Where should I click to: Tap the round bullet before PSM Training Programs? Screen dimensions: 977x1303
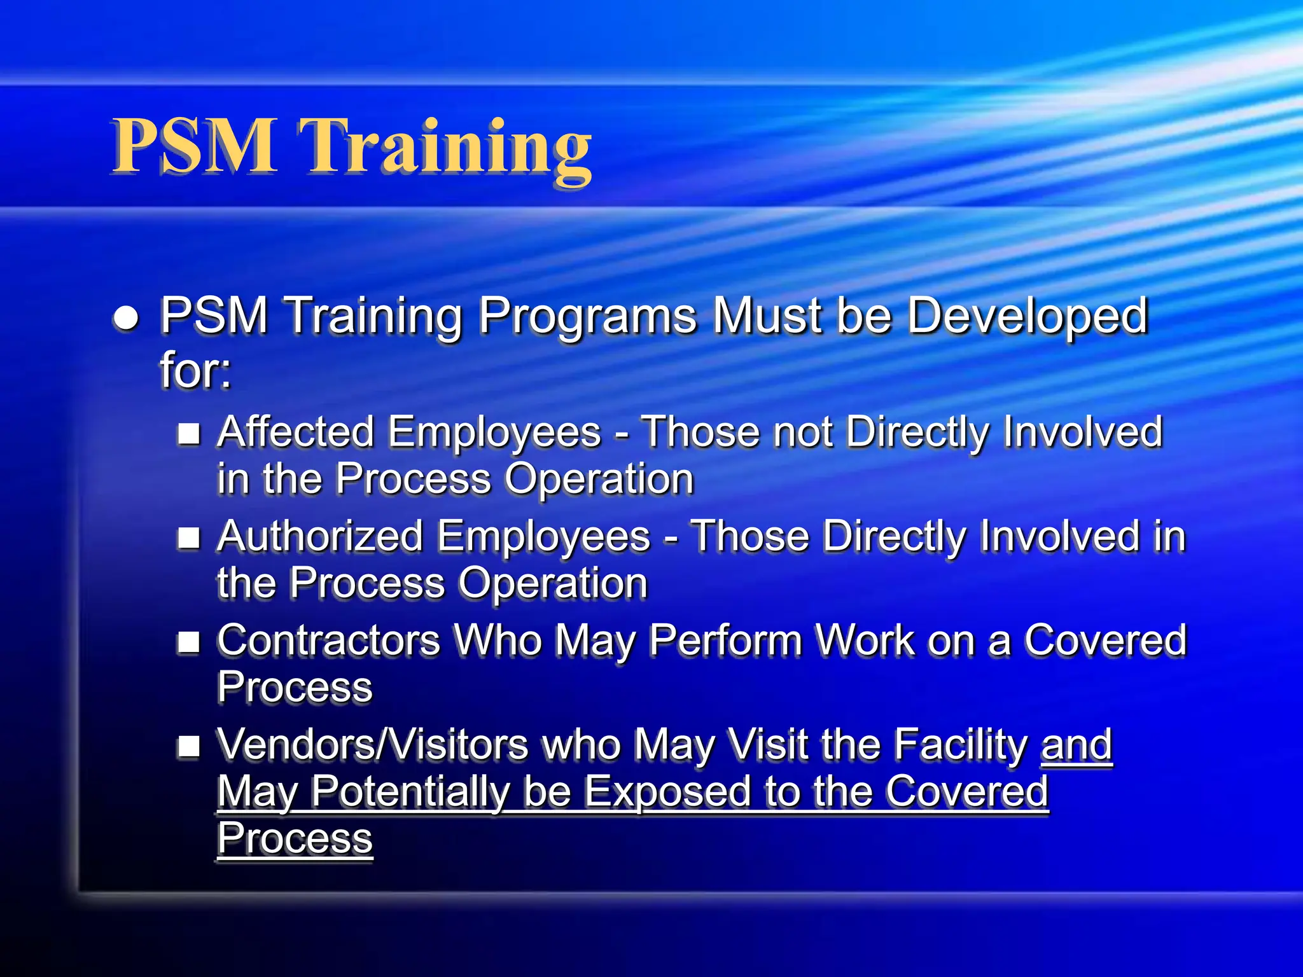point(126,317)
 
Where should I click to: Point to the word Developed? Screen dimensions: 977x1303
point(1027,316)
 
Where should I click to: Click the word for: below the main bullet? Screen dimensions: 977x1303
point(195,370)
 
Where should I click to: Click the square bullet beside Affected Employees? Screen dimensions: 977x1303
point(189,434)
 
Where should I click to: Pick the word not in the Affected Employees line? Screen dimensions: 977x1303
point(801,433)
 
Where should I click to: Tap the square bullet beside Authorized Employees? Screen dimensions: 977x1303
point(189,538)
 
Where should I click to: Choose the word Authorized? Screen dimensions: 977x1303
point(320,536)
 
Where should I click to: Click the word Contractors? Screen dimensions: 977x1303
point(328,640)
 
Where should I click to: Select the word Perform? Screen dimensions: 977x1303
point(725,640)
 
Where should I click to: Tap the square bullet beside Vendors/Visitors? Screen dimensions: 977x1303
point(189,746)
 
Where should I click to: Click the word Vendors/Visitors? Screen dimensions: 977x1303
point(373,744)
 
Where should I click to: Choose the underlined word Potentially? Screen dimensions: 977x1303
point(410,792)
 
